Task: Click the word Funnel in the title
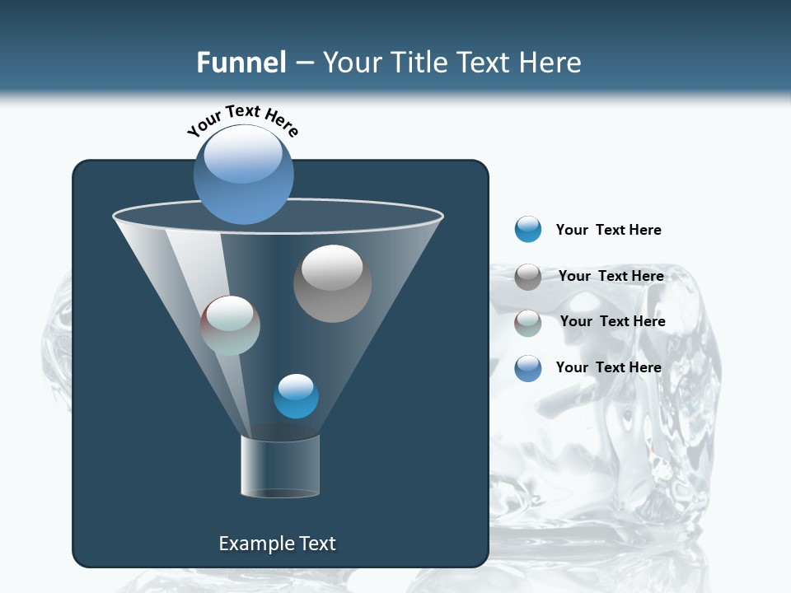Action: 241,62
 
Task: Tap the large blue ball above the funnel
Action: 243,175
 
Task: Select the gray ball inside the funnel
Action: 332,283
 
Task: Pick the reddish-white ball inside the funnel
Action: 230,325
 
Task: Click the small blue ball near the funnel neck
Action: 296,396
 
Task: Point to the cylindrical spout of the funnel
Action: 280,466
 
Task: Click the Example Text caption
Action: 277,544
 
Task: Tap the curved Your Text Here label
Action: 242,120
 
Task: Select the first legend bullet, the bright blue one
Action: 527,230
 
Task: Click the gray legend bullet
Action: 527,277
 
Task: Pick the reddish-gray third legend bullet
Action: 527,323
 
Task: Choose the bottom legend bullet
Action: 527,368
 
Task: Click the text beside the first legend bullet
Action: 608,230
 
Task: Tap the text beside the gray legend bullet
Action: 611,276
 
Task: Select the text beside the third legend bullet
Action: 612,321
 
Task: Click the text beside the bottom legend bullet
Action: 608,367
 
